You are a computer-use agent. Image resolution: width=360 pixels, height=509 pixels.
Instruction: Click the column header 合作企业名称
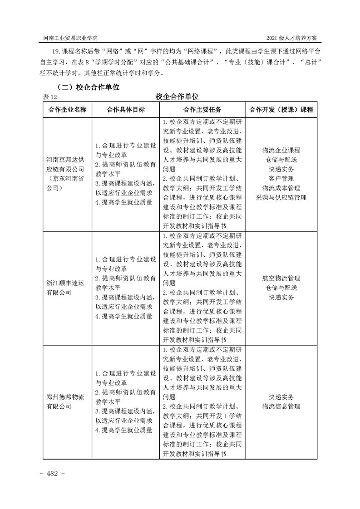67,110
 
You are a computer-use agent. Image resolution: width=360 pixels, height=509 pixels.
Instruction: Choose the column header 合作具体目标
125,110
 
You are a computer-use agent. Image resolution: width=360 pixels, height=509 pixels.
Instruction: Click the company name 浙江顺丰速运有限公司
65,288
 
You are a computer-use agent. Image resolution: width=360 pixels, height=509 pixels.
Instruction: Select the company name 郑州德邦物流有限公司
65,401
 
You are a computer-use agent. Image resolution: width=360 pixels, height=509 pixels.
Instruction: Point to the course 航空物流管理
281,278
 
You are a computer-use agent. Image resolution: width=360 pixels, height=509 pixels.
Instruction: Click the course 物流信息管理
281,406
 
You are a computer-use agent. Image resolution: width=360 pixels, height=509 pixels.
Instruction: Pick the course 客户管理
281,178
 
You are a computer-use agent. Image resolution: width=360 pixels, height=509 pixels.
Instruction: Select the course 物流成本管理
281,188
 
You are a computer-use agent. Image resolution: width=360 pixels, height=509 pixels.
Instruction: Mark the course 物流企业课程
281,150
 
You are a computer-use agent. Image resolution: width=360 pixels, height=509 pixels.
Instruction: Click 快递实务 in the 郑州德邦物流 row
281,397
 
